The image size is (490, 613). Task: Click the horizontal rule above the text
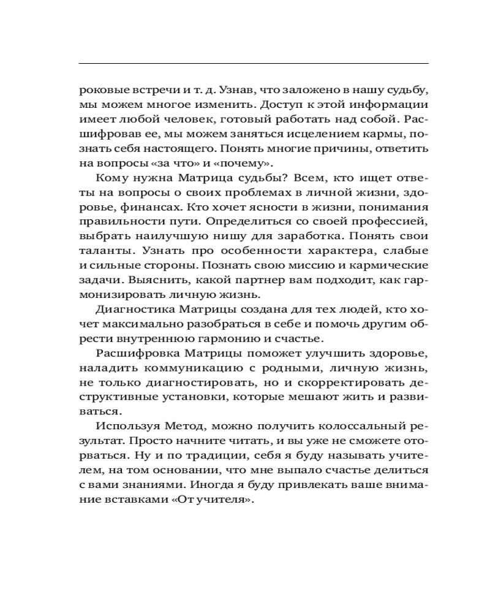(254, 63)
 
